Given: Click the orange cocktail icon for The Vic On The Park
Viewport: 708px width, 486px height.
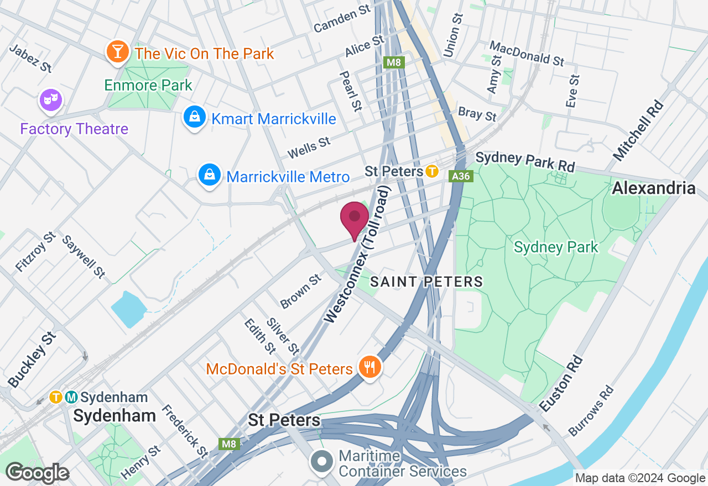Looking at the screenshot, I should click(117, 52).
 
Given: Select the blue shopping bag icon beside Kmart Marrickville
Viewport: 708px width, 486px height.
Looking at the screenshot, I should click(194, 118).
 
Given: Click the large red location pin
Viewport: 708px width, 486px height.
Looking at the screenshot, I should click(355, 219).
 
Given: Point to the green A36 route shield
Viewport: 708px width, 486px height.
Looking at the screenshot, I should click(461, 176).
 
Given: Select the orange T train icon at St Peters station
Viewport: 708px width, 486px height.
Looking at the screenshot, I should click(432, 171).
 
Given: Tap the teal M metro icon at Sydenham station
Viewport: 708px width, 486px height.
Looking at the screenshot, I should click(71, 397).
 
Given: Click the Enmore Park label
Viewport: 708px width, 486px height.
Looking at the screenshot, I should click(148, 85).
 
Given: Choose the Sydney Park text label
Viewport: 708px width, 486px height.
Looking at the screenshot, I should click(556, 247).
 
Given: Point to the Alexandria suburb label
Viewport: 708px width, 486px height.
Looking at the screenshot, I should click(653, 188).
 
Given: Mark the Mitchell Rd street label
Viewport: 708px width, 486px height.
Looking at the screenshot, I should click(638, 131).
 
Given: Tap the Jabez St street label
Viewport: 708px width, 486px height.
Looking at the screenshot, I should click(31, 58).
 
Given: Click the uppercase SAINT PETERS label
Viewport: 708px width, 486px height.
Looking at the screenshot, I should click(426, 282).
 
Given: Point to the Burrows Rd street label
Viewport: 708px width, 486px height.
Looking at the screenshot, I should click(591, 410).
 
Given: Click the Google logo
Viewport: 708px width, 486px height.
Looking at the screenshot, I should click(37, 473).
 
